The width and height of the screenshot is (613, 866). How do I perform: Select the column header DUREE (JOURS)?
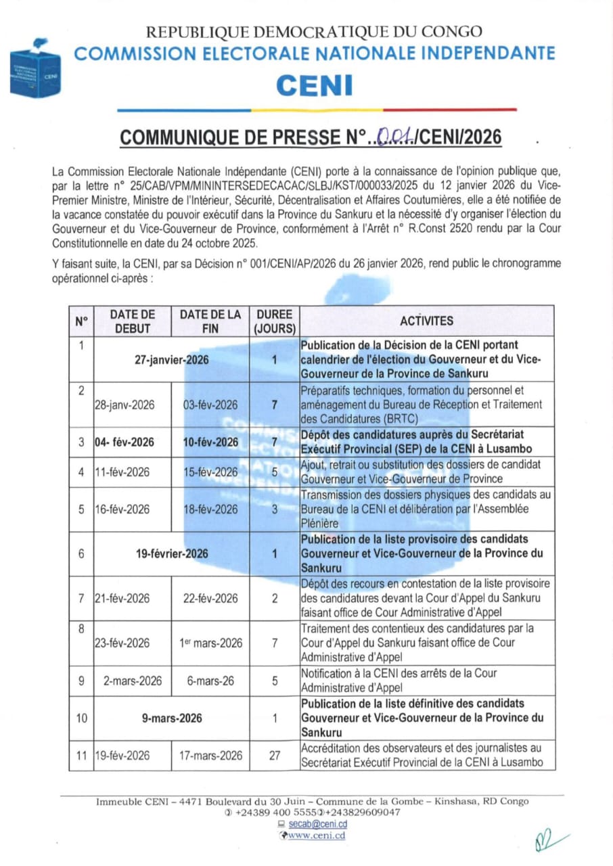point(275,321)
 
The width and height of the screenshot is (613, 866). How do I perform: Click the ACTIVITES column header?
point(426,321)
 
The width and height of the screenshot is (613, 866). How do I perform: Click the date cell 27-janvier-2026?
point(172,360)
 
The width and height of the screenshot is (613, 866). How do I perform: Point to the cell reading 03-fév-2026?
point(210,405)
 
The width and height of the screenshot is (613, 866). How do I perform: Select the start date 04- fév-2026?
point(124,442)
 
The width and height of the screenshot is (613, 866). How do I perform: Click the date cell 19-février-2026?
point(172,553)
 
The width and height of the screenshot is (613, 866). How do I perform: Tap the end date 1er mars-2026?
point(210,643)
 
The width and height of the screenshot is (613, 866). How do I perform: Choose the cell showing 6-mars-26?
point(210,681)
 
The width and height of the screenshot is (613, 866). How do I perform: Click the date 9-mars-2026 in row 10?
point(172,718)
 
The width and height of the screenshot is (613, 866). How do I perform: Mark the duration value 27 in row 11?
point(275,756)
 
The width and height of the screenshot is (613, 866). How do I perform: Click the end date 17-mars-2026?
point(210,756)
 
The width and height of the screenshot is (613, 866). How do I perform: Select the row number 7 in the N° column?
point(81,598)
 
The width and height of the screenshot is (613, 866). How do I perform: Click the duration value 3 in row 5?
point(275,509)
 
